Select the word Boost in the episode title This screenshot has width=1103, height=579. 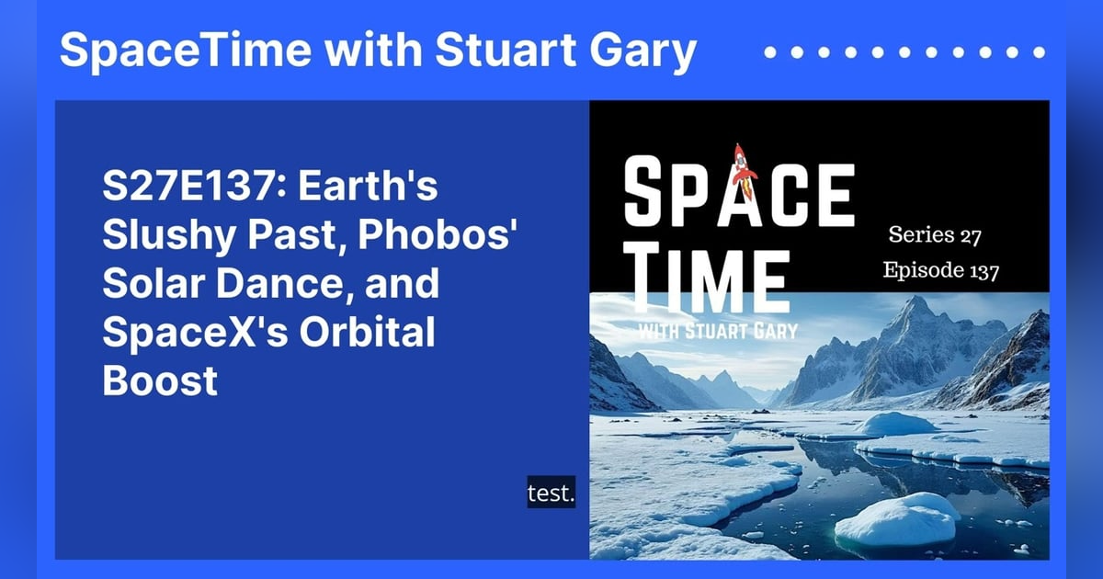tap(160, 380)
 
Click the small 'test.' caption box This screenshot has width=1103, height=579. tap(551, 494)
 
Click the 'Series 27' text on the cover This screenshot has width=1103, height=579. tap(935, 235)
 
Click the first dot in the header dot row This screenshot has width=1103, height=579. tap(770, 52)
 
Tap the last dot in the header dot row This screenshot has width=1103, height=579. tap(1040, 52)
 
